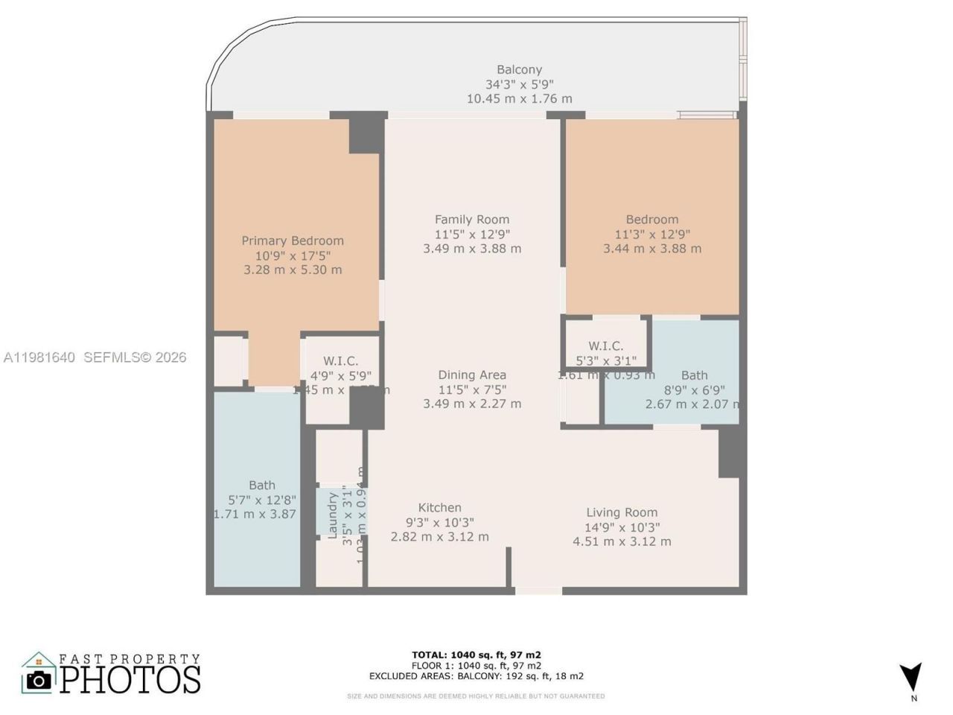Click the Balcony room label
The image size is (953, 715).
click(519, 70)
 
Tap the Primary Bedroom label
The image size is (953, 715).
click(293, 241)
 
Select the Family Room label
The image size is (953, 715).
click(472, 219)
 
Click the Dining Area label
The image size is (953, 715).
click(472, 375)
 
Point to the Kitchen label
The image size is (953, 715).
click(439, 507)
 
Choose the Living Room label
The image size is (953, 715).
click(622, 512)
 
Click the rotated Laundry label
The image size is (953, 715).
click(333, 515)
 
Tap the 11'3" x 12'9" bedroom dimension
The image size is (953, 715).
click(651, 234)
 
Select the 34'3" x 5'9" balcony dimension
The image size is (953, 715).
click(519, 84)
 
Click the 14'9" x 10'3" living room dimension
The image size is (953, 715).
click(622, 527)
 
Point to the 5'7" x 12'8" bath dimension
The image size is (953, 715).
click(262, 500)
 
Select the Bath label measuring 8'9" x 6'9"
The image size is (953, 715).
click(694, 375)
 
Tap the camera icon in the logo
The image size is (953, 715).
click(39, 679)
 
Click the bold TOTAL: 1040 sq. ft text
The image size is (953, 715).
click(476, 655)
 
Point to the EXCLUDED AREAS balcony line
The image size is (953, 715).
click(476, 676)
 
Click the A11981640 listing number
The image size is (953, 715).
click(39, 357)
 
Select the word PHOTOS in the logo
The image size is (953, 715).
click(130, 679)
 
